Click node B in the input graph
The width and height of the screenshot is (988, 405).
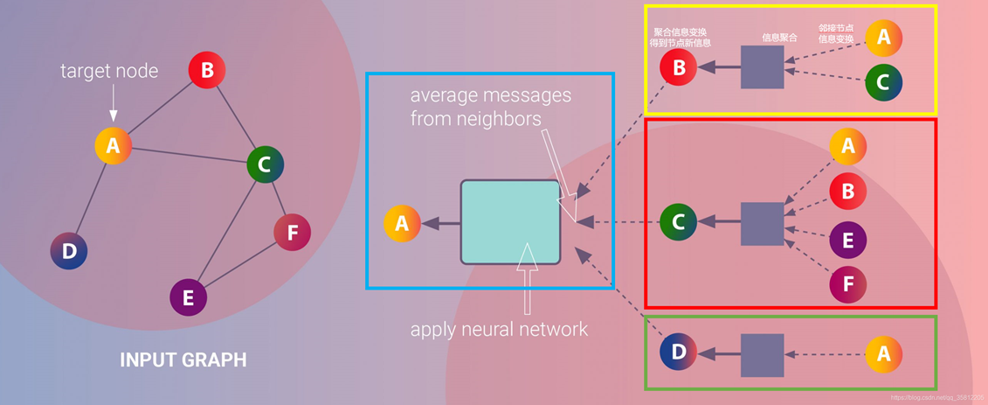pyautogui.click(x=207, y=70)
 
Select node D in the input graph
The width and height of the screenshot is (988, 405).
pyautogui.click(x=69, y=252)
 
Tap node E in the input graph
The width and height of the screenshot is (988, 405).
pyautogui.click(x=188, y=297)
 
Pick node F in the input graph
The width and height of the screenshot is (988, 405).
pyautogui.click(x=292, y=233)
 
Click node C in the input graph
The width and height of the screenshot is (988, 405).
pyautogui.click(x=265, y=164)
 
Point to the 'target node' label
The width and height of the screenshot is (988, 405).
pyautogui.click(x=109, y=71)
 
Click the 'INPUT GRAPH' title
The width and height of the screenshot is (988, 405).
pyautogui.click(x=183, y=360)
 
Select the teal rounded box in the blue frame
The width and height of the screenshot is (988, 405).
pyautogui.click(x=510, y=222)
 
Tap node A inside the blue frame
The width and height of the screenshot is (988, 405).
pyautogui.click(x=402, y=223)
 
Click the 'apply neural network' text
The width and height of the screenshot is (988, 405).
pyautogui.click(x=499, y=330)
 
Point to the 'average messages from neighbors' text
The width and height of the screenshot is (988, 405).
pyautogui.click(x=490, y=106)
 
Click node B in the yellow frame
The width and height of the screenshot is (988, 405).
pyautogui.click(x=678, y=67)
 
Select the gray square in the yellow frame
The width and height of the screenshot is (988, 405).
pyautogui.click(x=762, y=67)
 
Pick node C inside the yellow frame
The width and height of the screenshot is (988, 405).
pyautogui.click(x=883, y=82)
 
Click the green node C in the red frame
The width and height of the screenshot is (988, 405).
pyautogui.click(x=678, y=222)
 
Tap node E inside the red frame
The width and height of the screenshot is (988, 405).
pyautogui.click(x=847, y=241)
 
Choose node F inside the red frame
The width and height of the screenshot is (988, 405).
pyautogui.click(x=847, y=284)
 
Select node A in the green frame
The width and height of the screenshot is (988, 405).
pyautogui.click(x=883, y=353)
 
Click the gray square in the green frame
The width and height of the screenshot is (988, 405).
pyautogui.click(x=762, y=354)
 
